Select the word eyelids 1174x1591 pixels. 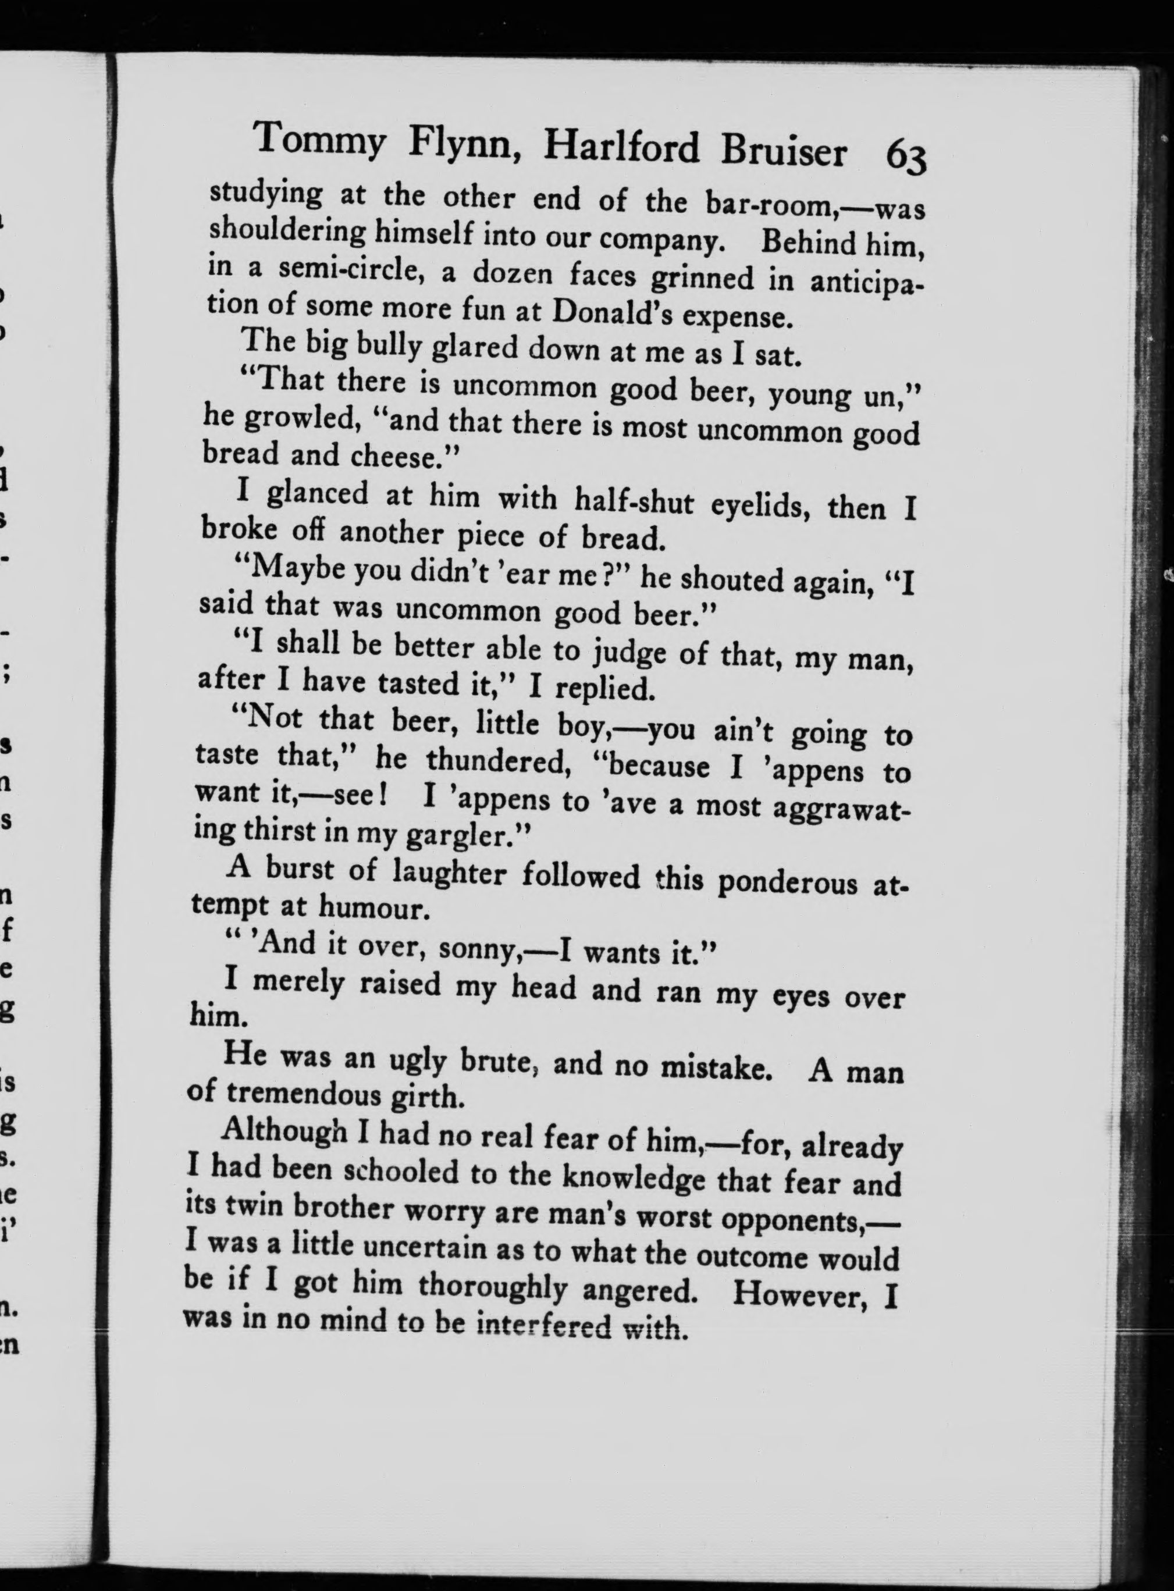click(763, 506)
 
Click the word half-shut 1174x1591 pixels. click(634, 501)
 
